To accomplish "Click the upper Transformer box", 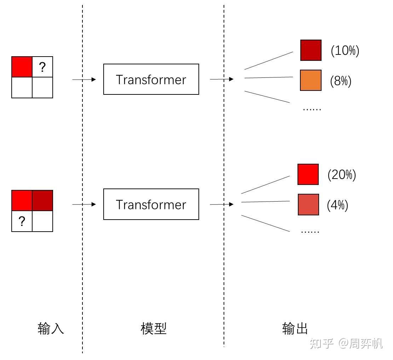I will [x=151, y=79].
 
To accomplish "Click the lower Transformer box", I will [x=151, y=204].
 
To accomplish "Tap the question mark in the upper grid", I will [x=42, y=67].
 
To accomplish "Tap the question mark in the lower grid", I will [x=22, y=221].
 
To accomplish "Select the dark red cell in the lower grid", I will [x=42, y=201].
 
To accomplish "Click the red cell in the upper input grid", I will [x=22, y=67].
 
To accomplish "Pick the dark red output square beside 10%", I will [x=311, y=50].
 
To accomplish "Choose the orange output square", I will [x=311, y=80].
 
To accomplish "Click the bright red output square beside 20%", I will [x=308, y=174].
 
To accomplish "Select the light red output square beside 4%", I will [x=308, y=204].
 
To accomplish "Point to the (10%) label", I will [x=345, y=51].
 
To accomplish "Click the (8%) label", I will [x=341, y=81].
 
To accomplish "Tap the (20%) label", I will [x=342, y=175].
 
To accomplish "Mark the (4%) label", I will [x=337, y=205].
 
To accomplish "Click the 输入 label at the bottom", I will [x=51, y=329].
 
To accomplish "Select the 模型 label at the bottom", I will [x=154, y=329].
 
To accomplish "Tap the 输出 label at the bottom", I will [x=295, y=329].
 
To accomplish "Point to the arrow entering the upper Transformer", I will [x=84, y=80].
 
